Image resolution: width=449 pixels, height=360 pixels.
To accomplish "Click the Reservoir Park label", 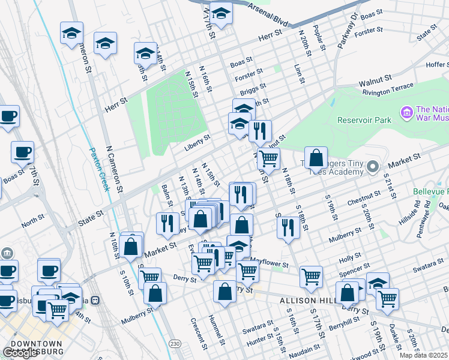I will click(x=364, y=120).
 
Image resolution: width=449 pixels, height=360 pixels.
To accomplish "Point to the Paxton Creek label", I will click(x=99, y=169).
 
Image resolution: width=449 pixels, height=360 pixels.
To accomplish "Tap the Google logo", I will click(x=19, y=353).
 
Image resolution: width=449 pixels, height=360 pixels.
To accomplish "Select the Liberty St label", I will click(x=197, y=138).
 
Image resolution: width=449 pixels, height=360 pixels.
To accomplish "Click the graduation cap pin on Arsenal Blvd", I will click(x=221, y=15).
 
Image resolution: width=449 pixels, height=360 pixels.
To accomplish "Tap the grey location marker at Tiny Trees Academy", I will click(x=373, y=166).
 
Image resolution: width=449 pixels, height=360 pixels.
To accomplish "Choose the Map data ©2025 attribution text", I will click(x=424, y=355).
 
